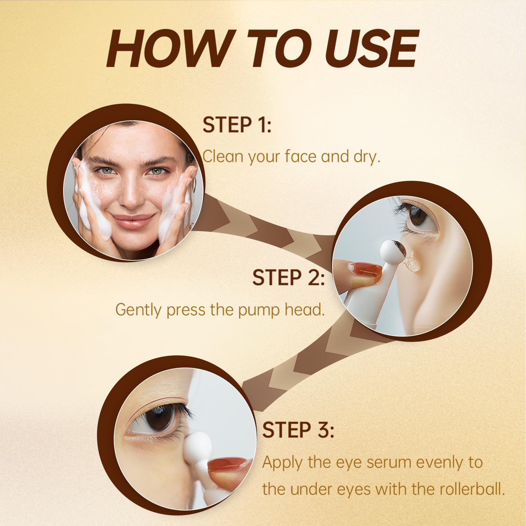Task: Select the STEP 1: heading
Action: [x=237, y=124]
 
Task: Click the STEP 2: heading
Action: [x=288, y=277]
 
